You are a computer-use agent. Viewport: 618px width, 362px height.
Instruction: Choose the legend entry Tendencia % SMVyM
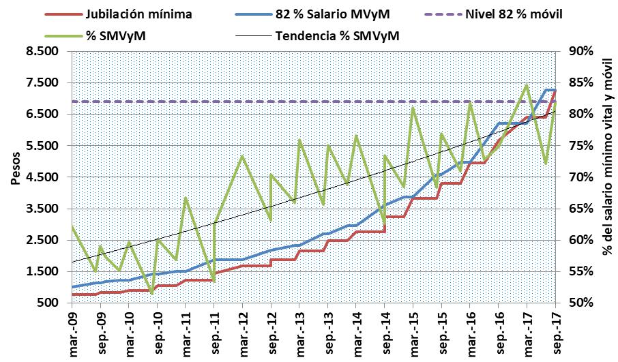pos(336,35)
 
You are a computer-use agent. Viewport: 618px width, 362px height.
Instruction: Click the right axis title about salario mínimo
pos(606,177)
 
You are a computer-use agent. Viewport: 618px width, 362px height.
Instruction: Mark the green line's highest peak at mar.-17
pos(527,85)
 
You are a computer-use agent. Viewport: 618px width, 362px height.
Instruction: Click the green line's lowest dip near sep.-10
pos(151,293)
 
